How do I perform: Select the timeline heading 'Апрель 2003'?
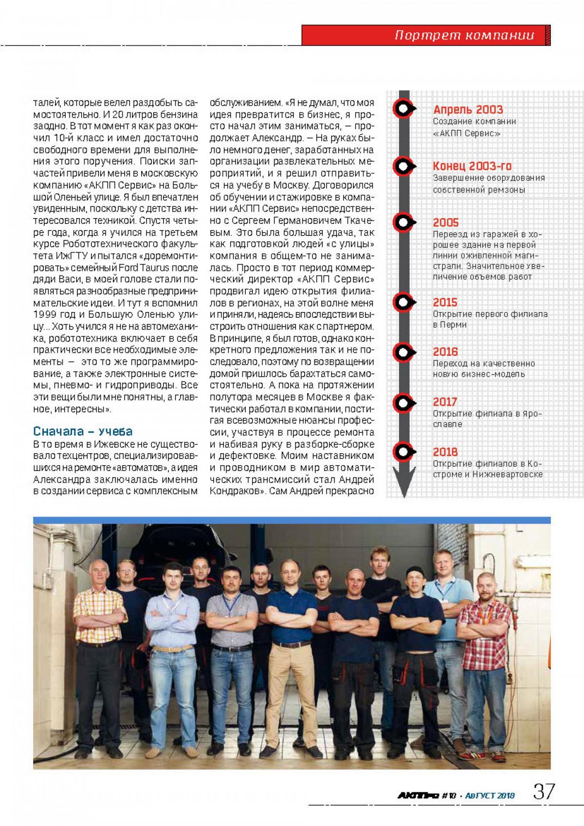[x=468, y=110]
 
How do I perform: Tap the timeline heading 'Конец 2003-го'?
[x=472, y=166]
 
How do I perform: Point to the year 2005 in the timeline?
[x=446, y=222]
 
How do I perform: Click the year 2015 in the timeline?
[x=445, y=302]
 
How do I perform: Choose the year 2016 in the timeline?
[x=445, y=351]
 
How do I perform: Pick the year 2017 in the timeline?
[x=445, y=402]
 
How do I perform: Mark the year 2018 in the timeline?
[x=445, y=452]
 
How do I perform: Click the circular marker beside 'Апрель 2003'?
[x=403, y=109]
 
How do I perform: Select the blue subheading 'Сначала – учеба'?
[x=83, y=431]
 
